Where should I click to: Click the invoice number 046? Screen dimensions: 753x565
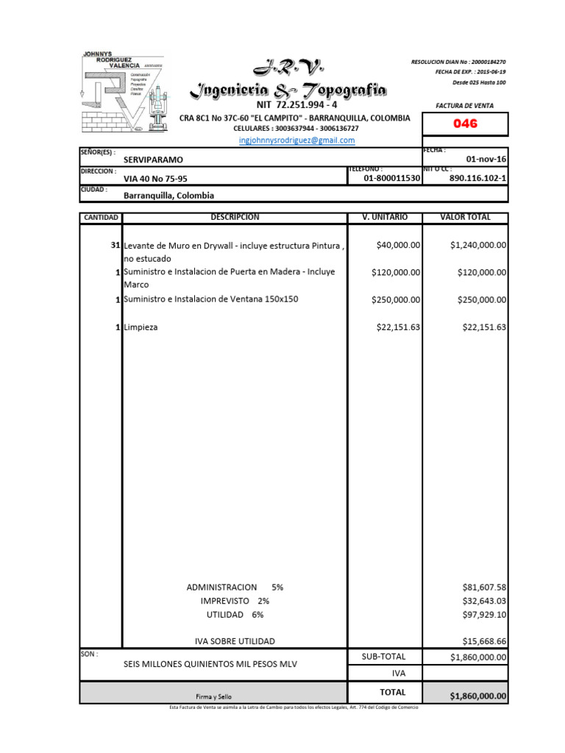[464, 124]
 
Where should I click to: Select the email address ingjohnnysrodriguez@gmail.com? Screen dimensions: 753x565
[297, 140]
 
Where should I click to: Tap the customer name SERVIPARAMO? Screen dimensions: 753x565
[154, 160]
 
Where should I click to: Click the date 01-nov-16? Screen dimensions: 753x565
[486, 160]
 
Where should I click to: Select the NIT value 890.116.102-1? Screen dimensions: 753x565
[477, 178]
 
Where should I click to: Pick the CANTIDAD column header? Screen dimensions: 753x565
[101, 218]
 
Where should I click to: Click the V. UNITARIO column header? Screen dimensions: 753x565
[384, 218]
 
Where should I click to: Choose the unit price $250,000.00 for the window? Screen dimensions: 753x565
[396, 299]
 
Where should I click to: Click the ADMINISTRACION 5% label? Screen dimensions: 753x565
[235, 588]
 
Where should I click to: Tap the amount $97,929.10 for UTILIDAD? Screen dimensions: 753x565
[484, 614]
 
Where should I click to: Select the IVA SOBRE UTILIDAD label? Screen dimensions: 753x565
[235, 641]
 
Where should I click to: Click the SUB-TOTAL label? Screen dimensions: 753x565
[383, 657]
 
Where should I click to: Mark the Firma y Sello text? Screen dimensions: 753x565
[213, 696]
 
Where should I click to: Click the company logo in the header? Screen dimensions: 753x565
[121, 90]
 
